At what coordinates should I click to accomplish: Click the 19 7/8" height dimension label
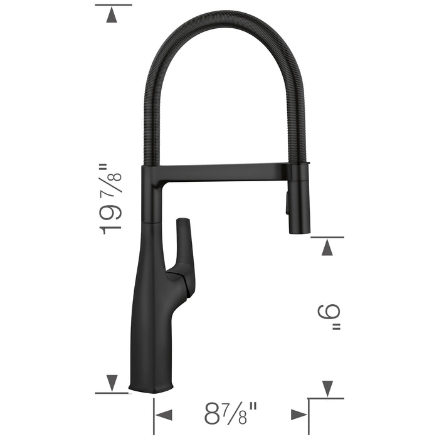pos(112,199)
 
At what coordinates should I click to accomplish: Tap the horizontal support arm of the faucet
pos(219,170)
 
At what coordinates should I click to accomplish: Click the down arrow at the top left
pos(112,16)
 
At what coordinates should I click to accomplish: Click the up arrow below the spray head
pos(327,248)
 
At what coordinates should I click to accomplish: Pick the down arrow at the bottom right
pos(327,388)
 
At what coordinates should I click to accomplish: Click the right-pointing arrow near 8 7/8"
pos(299,414)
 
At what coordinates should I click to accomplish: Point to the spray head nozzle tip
pos(300,230)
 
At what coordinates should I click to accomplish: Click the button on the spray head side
pos(288,204)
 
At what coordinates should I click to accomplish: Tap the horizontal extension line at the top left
pos(113,4)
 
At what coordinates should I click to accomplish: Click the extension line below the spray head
pos(327,238)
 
